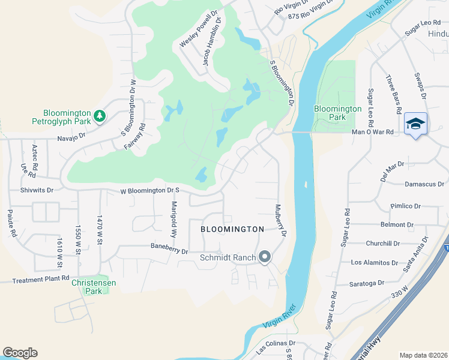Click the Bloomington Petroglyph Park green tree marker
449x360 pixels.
(100, 116)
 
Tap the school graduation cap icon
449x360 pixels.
(415, 124)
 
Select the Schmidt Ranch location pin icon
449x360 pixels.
(265, 257)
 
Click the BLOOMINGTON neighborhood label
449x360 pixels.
(232, 229)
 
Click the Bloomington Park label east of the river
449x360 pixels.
(338, 113)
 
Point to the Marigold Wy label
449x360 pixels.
(175, 219)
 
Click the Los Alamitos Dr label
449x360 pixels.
(375, 262)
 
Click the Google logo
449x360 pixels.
(20, 353)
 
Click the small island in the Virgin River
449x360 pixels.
(306, 187)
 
